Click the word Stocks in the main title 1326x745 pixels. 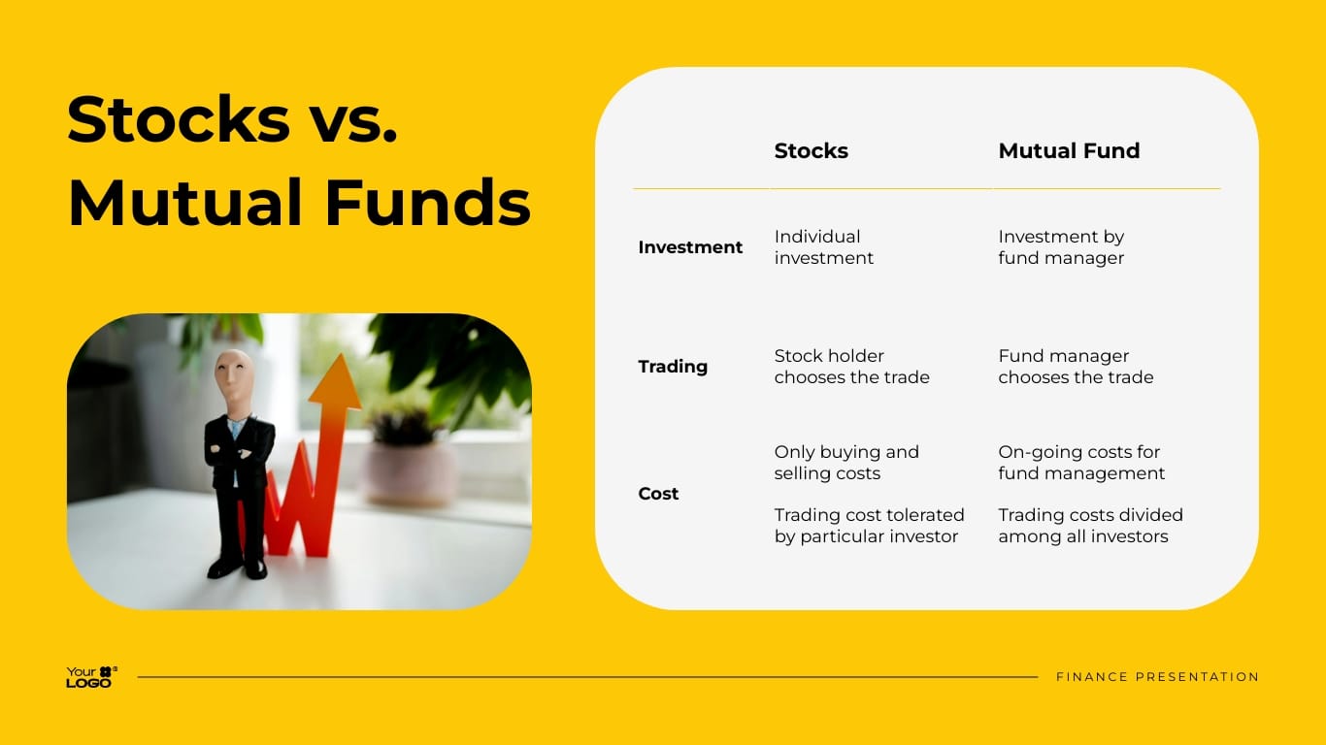pos(179,119)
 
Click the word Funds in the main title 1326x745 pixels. pos(427,203)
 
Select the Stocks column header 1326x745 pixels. pos(811,151)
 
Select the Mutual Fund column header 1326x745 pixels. pos(1069,151)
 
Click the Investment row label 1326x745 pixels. pos(689,247)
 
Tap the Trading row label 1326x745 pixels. pos(672,367)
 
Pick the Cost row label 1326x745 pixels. pos(658,494)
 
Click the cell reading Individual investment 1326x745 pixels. pos(823,247)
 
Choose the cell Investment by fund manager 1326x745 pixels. pos(1061,247)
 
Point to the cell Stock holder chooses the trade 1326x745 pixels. pos(851,367)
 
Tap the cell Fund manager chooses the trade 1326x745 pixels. pos(1076,367)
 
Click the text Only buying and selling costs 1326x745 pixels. pos(845,463)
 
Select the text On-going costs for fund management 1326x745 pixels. pos(1081,463)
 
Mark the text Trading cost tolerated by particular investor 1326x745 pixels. pos(869,526)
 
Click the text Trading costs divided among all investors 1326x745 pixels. pos(1090,526)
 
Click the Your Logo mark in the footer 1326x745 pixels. pos(91,677)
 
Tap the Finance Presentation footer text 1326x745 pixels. pos(1157,677)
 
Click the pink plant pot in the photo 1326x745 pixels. pos(408,472)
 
